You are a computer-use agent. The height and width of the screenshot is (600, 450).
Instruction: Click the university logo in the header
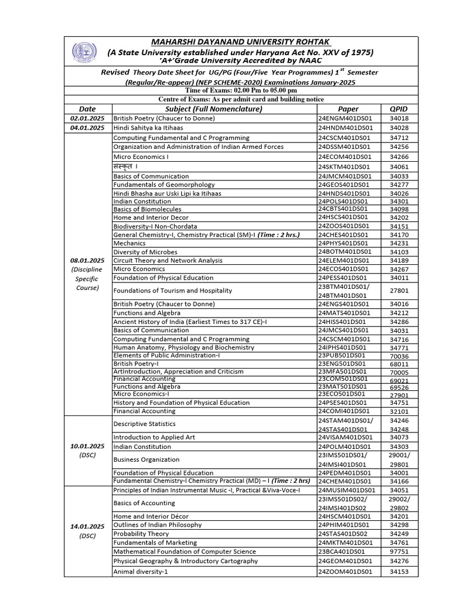pyautogui.click(x=81, y=52)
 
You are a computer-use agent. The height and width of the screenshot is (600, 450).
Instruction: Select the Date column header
pyautogui.click(x=87, y=109)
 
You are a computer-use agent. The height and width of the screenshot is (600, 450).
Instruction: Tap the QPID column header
pyautogui.click(x=398, y=109)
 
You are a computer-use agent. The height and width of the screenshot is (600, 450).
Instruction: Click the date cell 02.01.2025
pyautogui.click(x=87, y=118)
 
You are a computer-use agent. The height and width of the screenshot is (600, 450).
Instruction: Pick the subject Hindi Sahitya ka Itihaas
pyautogui.click(x=148, y=128)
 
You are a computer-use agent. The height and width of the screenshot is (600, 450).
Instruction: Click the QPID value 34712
pyautogui.click(x=398, y=138)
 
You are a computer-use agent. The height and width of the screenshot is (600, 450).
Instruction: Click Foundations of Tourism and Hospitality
pyautogui.click(x=173, y=291)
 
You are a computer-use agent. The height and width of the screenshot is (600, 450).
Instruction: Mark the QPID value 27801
pyautogui.click(x=398, y=291)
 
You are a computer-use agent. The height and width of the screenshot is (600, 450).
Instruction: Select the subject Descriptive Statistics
pyautogui.click(x=144, y=424)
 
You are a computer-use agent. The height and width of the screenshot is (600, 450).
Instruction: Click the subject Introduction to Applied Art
pyautogui.click(x=154, y=437)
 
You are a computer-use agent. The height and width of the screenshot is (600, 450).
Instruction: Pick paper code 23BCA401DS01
pyautogui.click(x=342, y=551)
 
